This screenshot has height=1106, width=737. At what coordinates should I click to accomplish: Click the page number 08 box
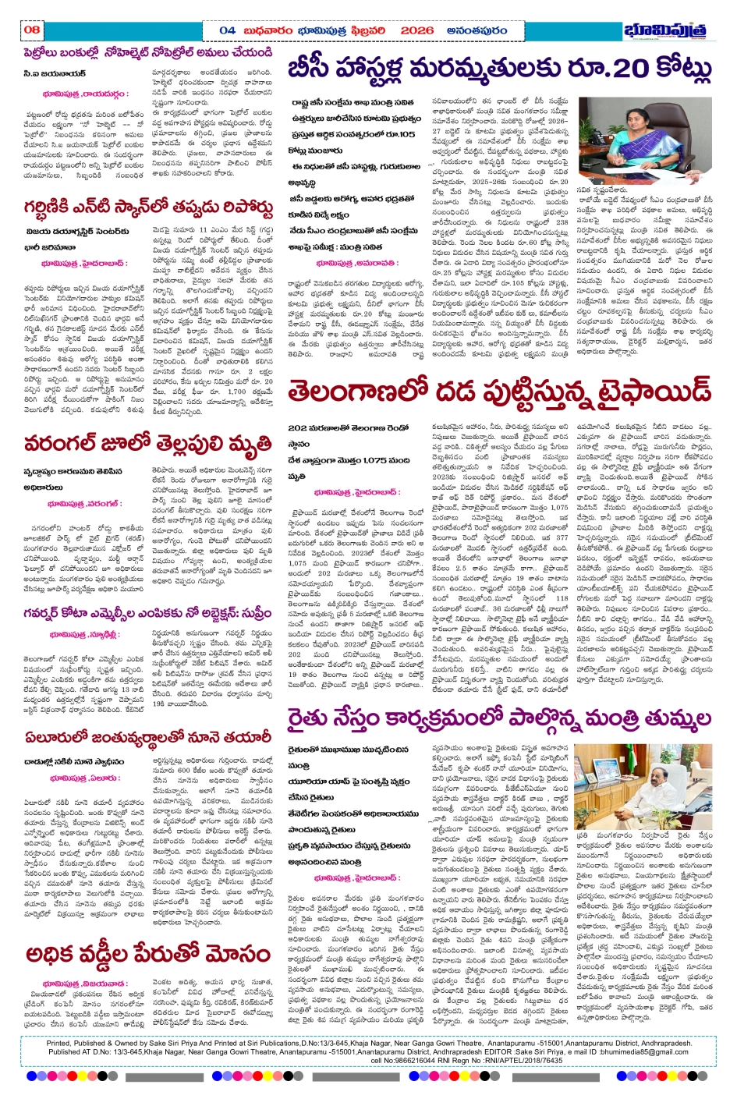pyautogui.click(x=32, y=30)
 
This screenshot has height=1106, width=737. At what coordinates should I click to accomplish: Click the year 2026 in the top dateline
pyautogui.click(x=417, y=30)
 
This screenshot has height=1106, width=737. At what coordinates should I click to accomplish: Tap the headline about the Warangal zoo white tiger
pyautogui.click(x=148, y=444)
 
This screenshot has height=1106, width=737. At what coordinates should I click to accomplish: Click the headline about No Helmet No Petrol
pyautogui.click(x=148, y=53)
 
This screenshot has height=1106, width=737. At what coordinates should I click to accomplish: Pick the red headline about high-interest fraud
pyautogui.click(x=148, y=954)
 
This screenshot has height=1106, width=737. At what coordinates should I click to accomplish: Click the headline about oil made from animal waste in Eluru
pyautogui.click(x=148, y=738)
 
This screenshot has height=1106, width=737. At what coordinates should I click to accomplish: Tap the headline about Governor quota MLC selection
pyautogui.click(x=148, y=615)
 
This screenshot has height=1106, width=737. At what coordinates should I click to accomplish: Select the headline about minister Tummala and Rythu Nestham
pyautogui.click(x=499, y=718)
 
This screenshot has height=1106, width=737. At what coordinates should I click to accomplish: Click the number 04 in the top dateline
pyautogui.click(x=227, y=30)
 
